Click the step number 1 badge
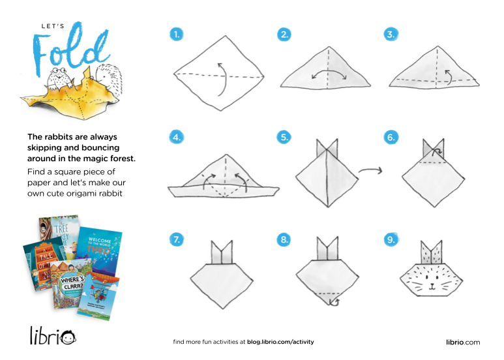pos(177,35)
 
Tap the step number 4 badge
pos(177,137)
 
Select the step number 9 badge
pos(391,240)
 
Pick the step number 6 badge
pos(391,137)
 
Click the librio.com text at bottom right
pos(463,342)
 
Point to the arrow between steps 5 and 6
pos(370,171)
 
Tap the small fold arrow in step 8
pos(334,301)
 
